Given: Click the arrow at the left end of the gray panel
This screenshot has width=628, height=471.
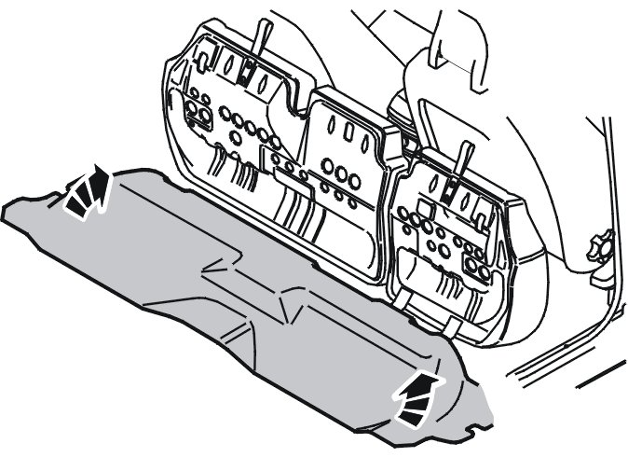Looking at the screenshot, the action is pos(85,192).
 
